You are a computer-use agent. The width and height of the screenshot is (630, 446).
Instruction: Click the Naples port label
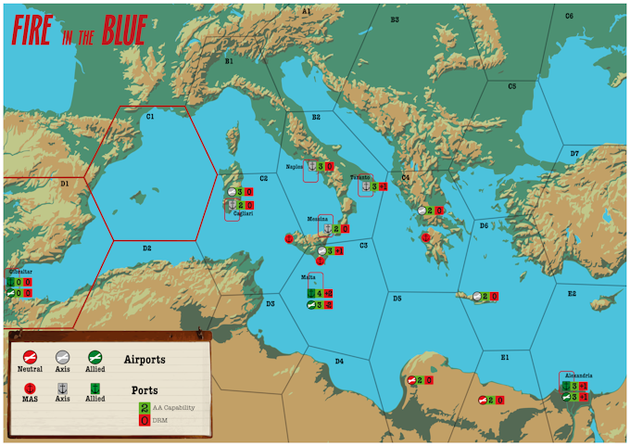coord(295,167)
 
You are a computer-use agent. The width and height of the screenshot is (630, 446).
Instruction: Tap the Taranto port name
coord(360,177)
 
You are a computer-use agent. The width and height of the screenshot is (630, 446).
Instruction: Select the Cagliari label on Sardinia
coord(244,213)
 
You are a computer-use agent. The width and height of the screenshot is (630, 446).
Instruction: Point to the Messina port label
coord(319,219)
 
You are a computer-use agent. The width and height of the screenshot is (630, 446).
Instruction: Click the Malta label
coord(309,277)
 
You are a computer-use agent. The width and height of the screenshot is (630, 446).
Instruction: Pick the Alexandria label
coord(575,376)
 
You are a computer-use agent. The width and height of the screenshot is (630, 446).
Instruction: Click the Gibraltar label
coord(19,272)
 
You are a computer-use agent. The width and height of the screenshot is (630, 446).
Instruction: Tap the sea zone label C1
coord(149,117)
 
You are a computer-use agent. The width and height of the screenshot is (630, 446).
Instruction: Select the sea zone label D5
coord(397,299)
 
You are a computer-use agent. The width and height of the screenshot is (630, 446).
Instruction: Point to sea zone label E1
coord(505,357)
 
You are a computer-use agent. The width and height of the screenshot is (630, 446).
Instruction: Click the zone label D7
coord(574,153)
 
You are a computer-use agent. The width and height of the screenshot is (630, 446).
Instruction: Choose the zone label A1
coord(307,11)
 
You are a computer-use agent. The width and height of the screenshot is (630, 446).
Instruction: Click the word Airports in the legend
coord(145,359)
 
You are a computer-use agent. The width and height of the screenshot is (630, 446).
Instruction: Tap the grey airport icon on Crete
coord(477,297)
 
